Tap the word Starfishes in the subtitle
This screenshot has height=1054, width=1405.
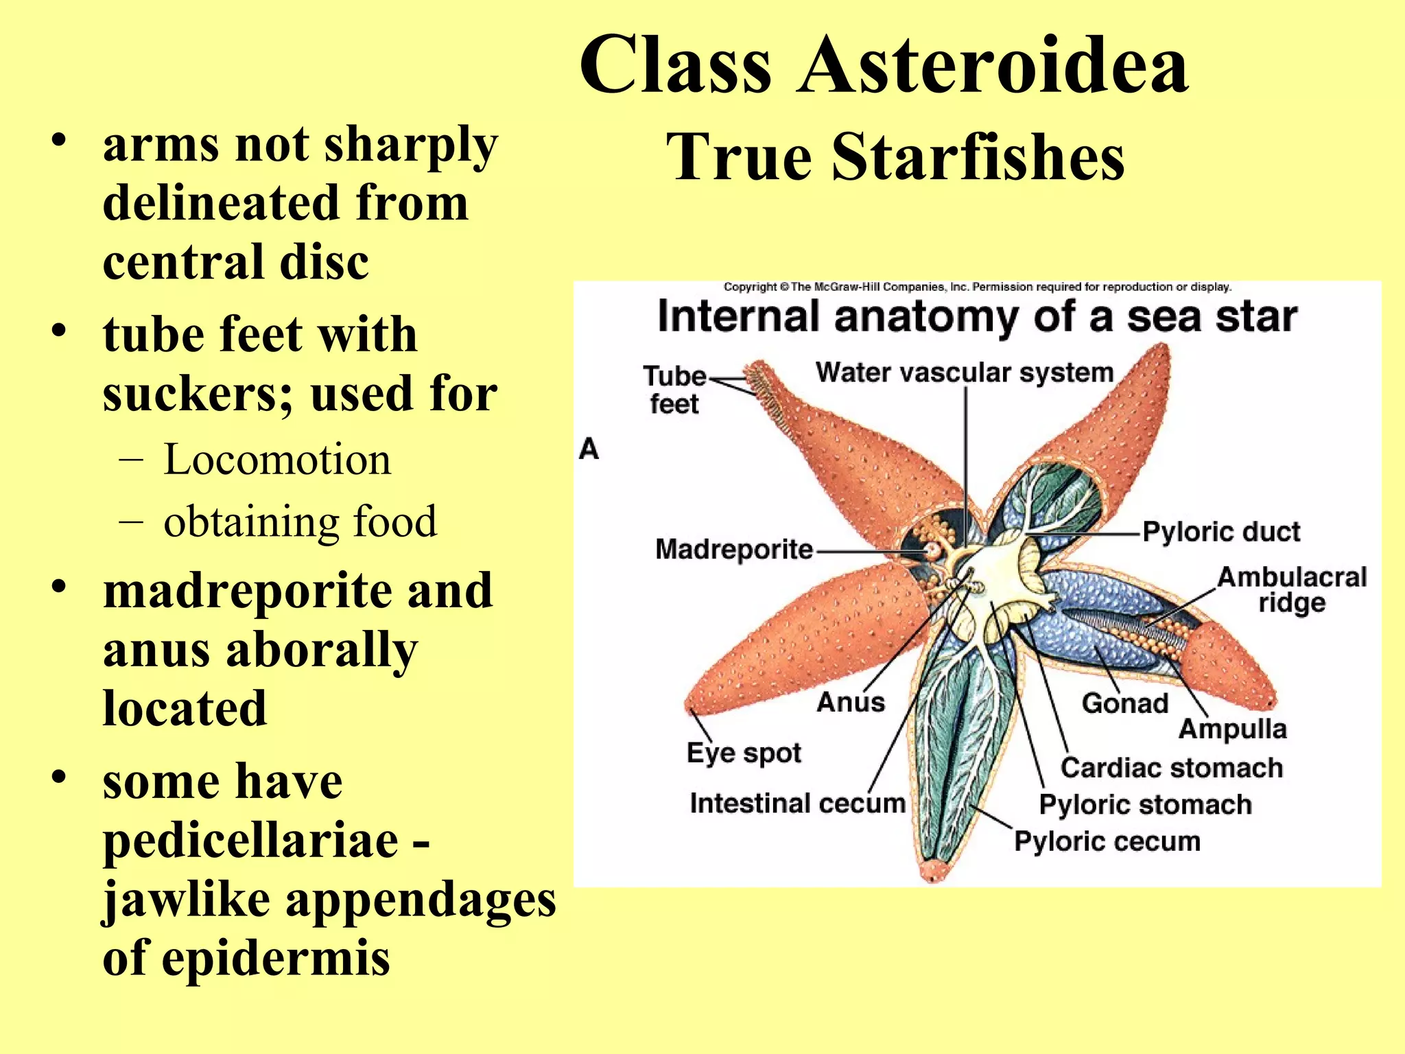point(978,158)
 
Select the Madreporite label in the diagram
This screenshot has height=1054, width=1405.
point(733,550)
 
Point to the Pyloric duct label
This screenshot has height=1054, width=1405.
point(1221,532)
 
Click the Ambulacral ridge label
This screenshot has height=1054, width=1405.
point(1292,589)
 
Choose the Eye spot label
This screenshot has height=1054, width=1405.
point(744,753)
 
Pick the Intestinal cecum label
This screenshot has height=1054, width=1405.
point(797,803)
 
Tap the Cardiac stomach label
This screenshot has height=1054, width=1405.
point(1171,768)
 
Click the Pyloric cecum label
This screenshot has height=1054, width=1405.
point(1107,841)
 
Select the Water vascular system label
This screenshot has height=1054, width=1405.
point(964,373)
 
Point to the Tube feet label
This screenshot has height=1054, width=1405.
point(674,389)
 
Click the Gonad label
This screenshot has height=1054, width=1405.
point(1124,703)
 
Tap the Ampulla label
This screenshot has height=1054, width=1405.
point(1232,729)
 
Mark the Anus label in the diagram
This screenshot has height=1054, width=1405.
point(851,702)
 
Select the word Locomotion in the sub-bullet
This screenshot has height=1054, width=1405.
point(277,459)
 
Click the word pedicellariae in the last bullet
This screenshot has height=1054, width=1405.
point(250,840)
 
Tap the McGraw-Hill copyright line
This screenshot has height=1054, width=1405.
point(977,287)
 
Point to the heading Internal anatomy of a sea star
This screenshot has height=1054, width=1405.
point(977,317)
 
